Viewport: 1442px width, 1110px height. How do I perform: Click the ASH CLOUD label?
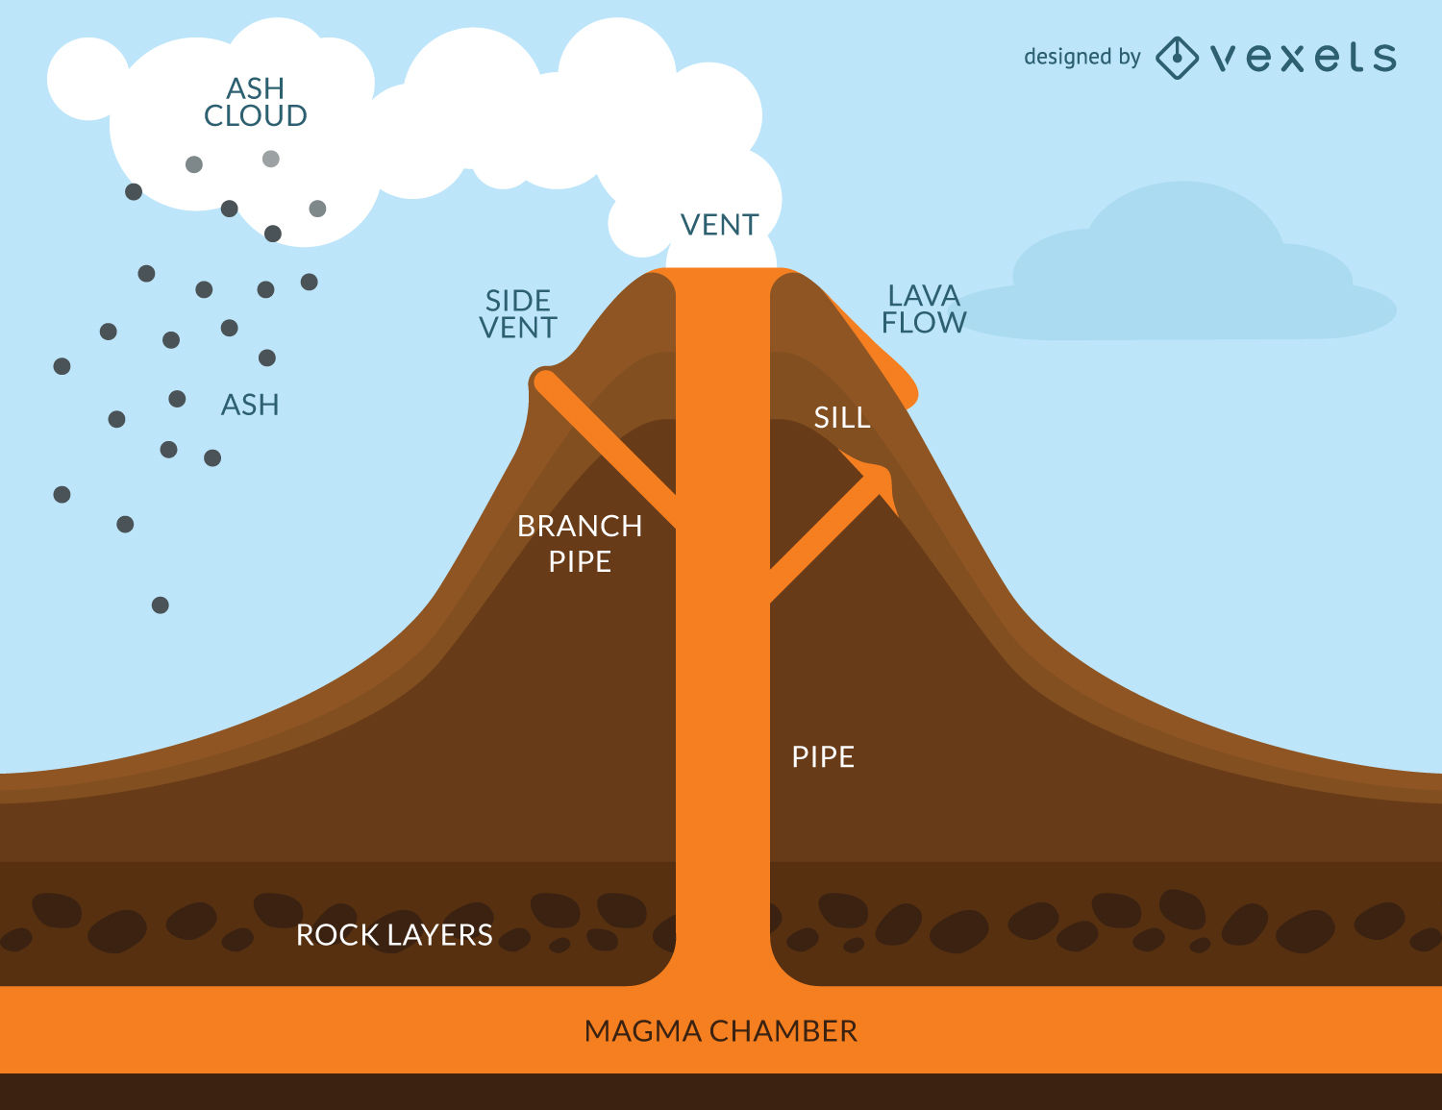256,102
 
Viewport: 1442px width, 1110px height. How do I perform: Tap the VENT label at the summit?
719,225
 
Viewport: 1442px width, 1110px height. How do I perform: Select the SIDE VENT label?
518,314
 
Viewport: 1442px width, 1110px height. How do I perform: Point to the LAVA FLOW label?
924,309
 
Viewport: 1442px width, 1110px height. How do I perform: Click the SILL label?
842,417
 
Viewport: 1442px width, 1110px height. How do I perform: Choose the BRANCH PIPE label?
580,543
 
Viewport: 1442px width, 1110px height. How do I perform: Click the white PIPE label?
823,756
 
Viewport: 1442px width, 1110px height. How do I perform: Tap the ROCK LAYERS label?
394,934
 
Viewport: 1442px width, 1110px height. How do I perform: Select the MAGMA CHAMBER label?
721,1031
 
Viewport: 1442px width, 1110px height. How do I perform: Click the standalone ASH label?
250,405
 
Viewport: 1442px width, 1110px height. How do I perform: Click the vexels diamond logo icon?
1176,58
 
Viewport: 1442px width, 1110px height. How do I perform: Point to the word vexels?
1304,58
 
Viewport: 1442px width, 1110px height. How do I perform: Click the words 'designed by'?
1081,58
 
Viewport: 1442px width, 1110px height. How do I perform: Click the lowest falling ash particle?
161,605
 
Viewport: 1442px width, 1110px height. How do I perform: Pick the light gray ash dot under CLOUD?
271,159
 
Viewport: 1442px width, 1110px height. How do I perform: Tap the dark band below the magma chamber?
721,1092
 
